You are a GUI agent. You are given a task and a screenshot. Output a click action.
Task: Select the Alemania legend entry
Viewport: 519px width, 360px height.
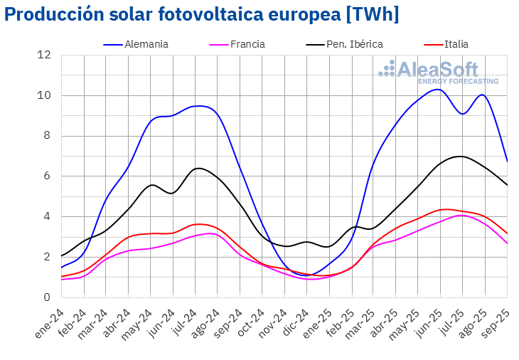[146, 44]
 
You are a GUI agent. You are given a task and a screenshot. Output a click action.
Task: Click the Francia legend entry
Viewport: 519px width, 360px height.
[247, 44]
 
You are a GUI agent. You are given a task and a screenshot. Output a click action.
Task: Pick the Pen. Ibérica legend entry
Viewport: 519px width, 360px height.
[354, 44]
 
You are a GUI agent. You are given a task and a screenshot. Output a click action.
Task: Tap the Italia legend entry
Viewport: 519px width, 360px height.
[456, 44]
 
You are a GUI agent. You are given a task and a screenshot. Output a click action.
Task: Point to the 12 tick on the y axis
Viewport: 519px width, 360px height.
[45, 55]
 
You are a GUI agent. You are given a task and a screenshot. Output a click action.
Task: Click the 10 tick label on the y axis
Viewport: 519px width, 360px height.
[45, 95]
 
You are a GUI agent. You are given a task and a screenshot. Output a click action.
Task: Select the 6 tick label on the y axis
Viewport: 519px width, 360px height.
[47, 176]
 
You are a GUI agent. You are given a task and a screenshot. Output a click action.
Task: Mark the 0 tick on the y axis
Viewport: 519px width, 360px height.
[47, 297]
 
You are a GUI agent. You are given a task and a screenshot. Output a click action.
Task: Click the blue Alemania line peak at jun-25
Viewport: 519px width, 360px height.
[439, 89]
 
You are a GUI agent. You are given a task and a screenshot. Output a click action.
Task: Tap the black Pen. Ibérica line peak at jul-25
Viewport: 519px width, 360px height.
[461, 156]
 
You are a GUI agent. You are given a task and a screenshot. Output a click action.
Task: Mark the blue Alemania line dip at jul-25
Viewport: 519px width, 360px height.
[463, 114]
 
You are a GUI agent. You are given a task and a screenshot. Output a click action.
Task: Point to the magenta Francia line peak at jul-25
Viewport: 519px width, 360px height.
[461, 215]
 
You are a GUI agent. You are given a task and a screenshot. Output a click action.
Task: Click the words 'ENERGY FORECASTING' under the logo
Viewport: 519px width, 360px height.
[458, 81]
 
